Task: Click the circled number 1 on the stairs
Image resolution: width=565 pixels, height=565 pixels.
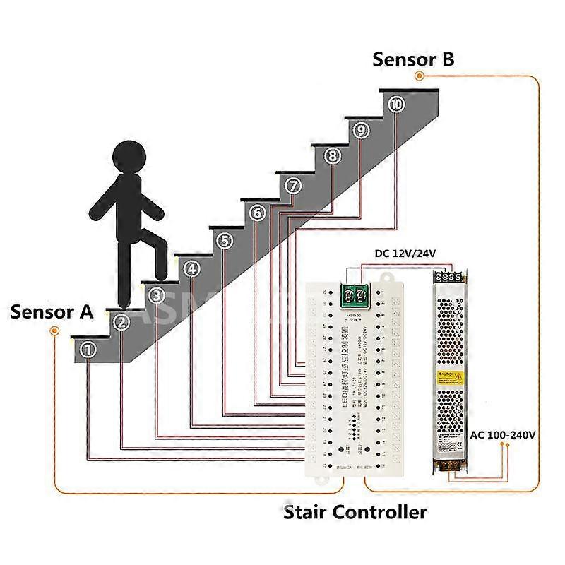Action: (88, 349)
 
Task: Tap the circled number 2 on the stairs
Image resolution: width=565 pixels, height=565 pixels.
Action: (122, 322)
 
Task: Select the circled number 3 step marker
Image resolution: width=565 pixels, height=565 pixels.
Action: (157, 295)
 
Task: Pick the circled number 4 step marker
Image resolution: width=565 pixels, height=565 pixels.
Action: (191, 268)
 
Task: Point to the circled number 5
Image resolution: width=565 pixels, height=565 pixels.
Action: (225, 241)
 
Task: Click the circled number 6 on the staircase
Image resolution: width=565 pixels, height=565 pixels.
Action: (258, 213)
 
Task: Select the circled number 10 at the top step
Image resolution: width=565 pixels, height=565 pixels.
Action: (396, 104)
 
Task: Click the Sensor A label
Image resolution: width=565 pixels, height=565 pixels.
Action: (52, 311)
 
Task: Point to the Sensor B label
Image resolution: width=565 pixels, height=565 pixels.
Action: (413, 59)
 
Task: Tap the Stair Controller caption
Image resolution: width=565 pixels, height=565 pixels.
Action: (355, 511)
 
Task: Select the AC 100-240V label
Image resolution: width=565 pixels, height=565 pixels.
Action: (502, 434)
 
